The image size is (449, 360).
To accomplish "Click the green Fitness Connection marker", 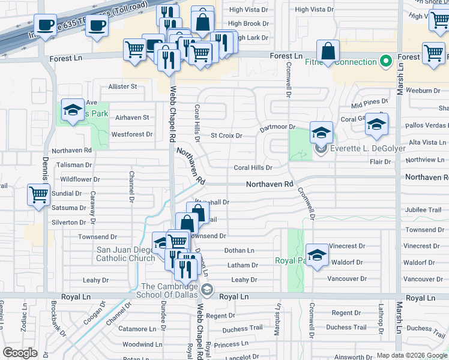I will [x=384, y=61].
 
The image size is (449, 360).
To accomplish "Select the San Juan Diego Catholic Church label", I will [x=125, y=254].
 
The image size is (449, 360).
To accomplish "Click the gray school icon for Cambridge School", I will [x=207, y=290].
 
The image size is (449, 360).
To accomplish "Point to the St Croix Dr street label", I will [x=226, y=136].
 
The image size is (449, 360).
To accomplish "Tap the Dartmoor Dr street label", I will [x=277, y=127].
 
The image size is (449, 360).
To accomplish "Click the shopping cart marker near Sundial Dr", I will [x=39, y=194].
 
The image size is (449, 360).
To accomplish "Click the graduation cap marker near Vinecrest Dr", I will [x=316, y=253].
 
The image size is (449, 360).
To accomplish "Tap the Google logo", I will [x=20, y=353].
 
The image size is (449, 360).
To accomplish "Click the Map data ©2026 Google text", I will [x=411, y=355].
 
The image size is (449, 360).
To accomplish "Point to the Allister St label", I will [x=122, y=86].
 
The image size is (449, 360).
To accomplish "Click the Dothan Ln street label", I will [x=239, y=250].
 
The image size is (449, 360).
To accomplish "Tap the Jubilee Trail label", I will [x=423, y=210].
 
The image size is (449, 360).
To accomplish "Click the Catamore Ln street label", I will [x=137, y=329].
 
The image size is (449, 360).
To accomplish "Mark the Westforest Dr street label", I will [x=131, y=134].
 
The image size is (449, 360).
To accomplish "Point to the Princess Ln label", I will [x=227, y=344].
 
